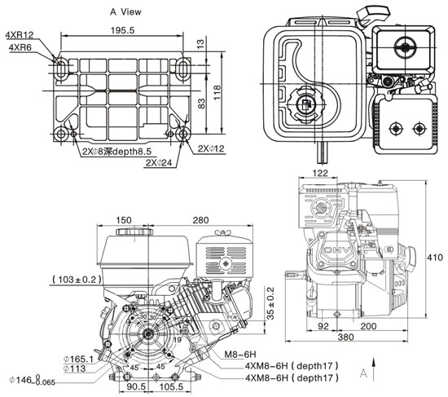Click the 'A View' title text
pyautogui.click(x=127, y=13)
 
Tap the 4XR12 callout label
pyautogui.click(x=20, y=36)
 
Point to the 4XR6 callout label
pyautogui.click(x=20, y=48)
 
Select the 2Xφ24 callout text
pyautogui.click(x=158, y=162)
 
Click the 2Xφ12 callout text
pyautogui.click(x=213, y=148)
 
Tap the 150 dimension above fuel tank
pyautogui.click(x=124, y=220)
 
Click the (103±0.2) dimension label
pyautogui.click(x=77, y=280)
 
